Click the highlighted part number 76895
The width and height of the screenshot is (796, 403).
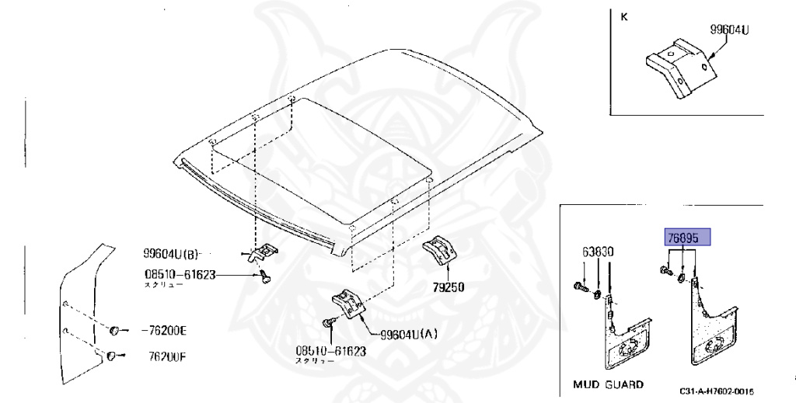[686, 238]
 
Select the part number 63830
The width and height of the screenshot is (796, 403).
[599, 252]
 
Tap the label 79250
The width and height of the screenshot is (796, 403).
[449, 287]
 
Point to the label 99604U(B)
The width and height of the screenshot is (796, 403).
[172, 252]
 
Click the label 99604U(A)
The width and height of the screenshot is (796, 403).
[409, 335]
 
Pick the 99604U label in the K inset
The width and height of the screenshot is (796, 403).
[733, 30]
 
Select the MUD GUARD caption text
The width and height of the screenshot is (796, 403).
[608, 384]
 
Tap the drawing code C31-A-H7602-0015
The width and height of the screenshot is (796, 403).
[716, 391]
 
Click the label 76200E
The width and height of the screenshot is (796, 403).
[164, 331]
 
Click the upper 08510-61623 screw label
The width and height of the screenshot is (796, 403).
[179, 274]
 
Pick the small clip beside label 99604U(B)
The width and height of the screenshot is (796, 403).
[264, 253]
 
